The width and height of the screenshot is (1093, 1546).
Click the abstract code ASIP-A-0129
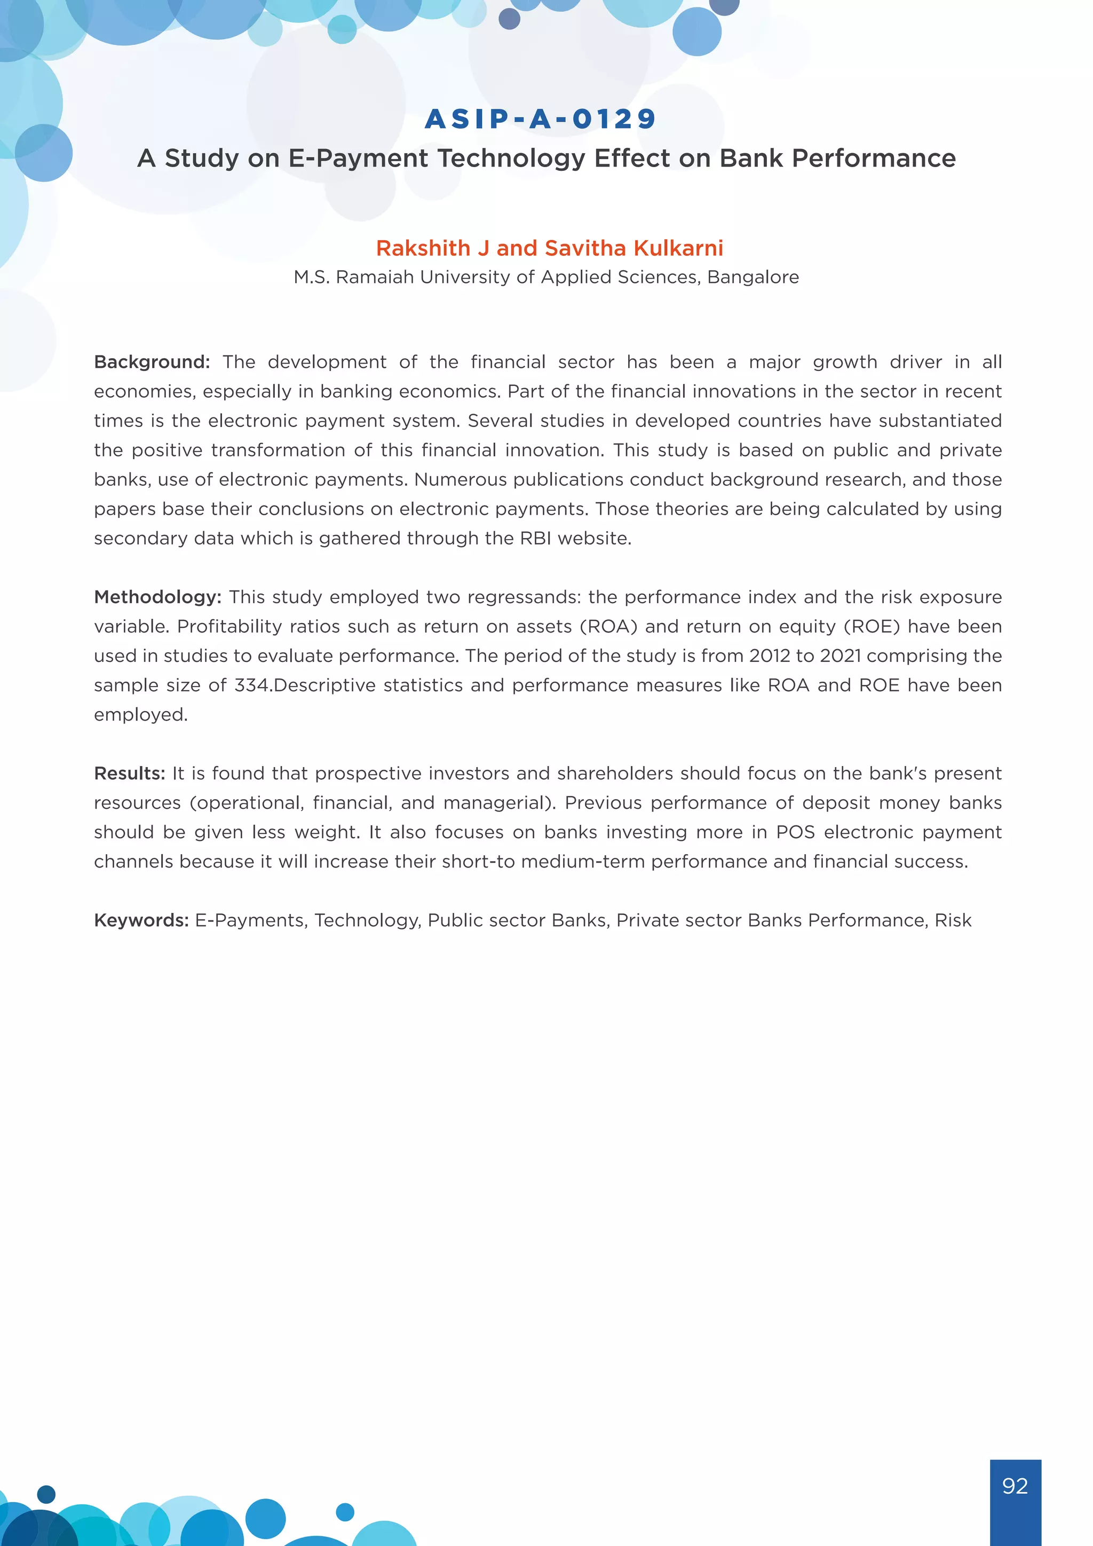541,119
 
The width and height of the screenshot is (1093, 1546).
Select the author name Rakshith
423,248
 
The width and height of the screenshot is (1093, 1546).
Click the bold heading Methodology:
157,597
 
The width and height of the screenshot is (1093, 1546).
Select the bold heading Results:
129,774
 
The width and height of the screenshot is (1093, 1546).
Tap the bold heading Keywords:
141,920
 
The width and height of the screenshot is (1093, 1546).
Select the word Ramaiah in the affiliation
374,278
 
